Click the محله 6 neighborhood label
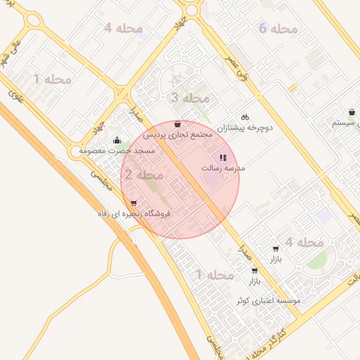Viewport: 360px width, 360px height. (x=278, y=29)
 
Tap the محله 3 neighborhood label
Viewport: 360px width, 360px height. (x=190, y=98)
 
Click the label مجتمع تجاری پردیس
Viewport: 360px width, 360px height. (x=178, y=134)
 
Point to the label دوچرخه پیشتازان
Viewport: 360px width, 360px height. (x=243, y=128)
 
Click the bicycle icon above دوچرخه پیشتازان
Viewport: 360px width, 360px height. (x=245, y=117)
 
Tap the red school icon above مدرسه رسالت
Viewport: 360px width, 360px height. (x=223, y=157)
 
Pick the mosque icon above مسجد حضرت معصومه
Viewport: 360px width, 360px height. (x=116, y=140)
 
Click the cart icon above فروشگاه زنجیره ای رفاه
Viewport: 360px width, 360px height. (x=134, y=203)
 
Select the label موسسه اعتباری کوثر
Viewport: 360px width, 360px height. (x=269, y=300)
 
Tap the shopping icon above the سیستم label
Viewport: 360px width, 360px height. (x=351, y=112)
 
